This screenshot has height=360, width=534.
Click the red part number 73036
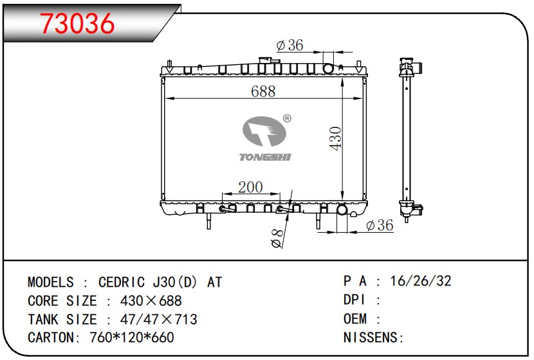click(x=77, y=24)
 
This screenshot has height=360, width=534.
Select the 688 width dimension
click(x=263, y=91)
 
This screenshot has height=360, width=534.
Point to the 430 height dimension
click(x=335, y=138)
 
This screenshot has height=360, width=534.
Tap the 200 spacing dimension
click(x=251, y=187)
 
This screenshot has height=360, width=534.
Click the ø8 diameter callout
click(x=277, y=239)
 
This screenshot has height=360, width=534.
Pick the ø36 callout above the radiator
click(x=290, y=45)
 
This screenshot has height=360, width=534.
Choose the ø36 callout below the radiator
click(x=380, y=225)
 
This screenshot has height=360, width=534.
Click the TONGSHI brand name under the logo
click(x=265, y=157)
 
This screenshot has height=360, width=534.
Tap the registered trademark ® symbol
click(x=287, y=118)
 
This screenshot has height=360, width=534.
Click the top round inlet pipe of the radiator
click(x=328, y=68)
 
